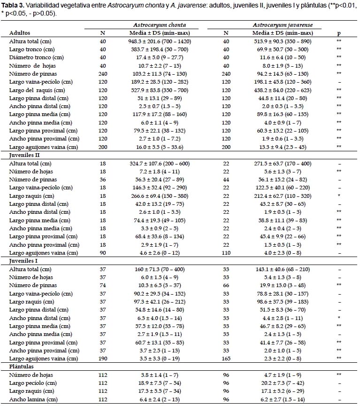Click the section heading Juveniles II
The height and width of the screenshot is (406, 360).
24,156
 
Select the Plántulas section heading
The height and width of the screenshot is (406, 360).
21,367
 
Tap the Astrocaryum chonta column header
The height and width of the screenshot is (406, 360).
160,25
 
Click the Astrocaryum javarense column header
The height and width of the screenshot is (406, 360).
283,25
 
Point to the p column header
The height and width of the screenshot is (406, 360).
339,33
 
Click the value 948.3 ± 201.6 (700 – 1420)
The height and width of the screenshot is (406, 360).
160,41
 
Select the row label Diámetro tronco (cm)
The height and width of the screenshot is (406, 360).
37,57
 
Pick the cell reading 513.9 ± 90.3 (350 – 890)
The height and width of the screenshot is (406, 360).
283,41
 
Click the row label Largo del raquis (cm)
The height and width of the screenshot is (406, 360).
37,90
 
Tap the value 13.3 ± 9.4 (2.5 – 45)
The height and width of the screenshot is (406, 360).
283,147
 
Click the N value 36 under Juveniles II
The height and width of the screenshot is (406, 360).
103,180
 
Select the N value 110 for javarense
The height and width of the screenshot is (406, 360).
226,253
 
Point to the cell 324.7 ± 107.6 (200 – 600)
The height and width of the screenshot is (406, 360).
160,164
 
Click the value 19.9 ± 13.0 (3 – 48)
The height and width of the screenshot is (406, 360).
283,285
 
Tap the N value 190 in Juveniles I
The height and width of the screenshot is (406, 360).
103,359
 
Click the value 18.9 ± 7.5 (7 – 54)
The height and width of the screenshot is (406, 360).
160,383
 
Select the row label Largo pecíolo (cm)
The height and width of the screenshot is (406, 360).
33,383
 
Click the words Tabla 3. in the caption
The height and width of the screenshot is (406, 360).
12,6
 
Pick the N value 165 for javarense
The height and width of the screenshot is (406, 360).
226,359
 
